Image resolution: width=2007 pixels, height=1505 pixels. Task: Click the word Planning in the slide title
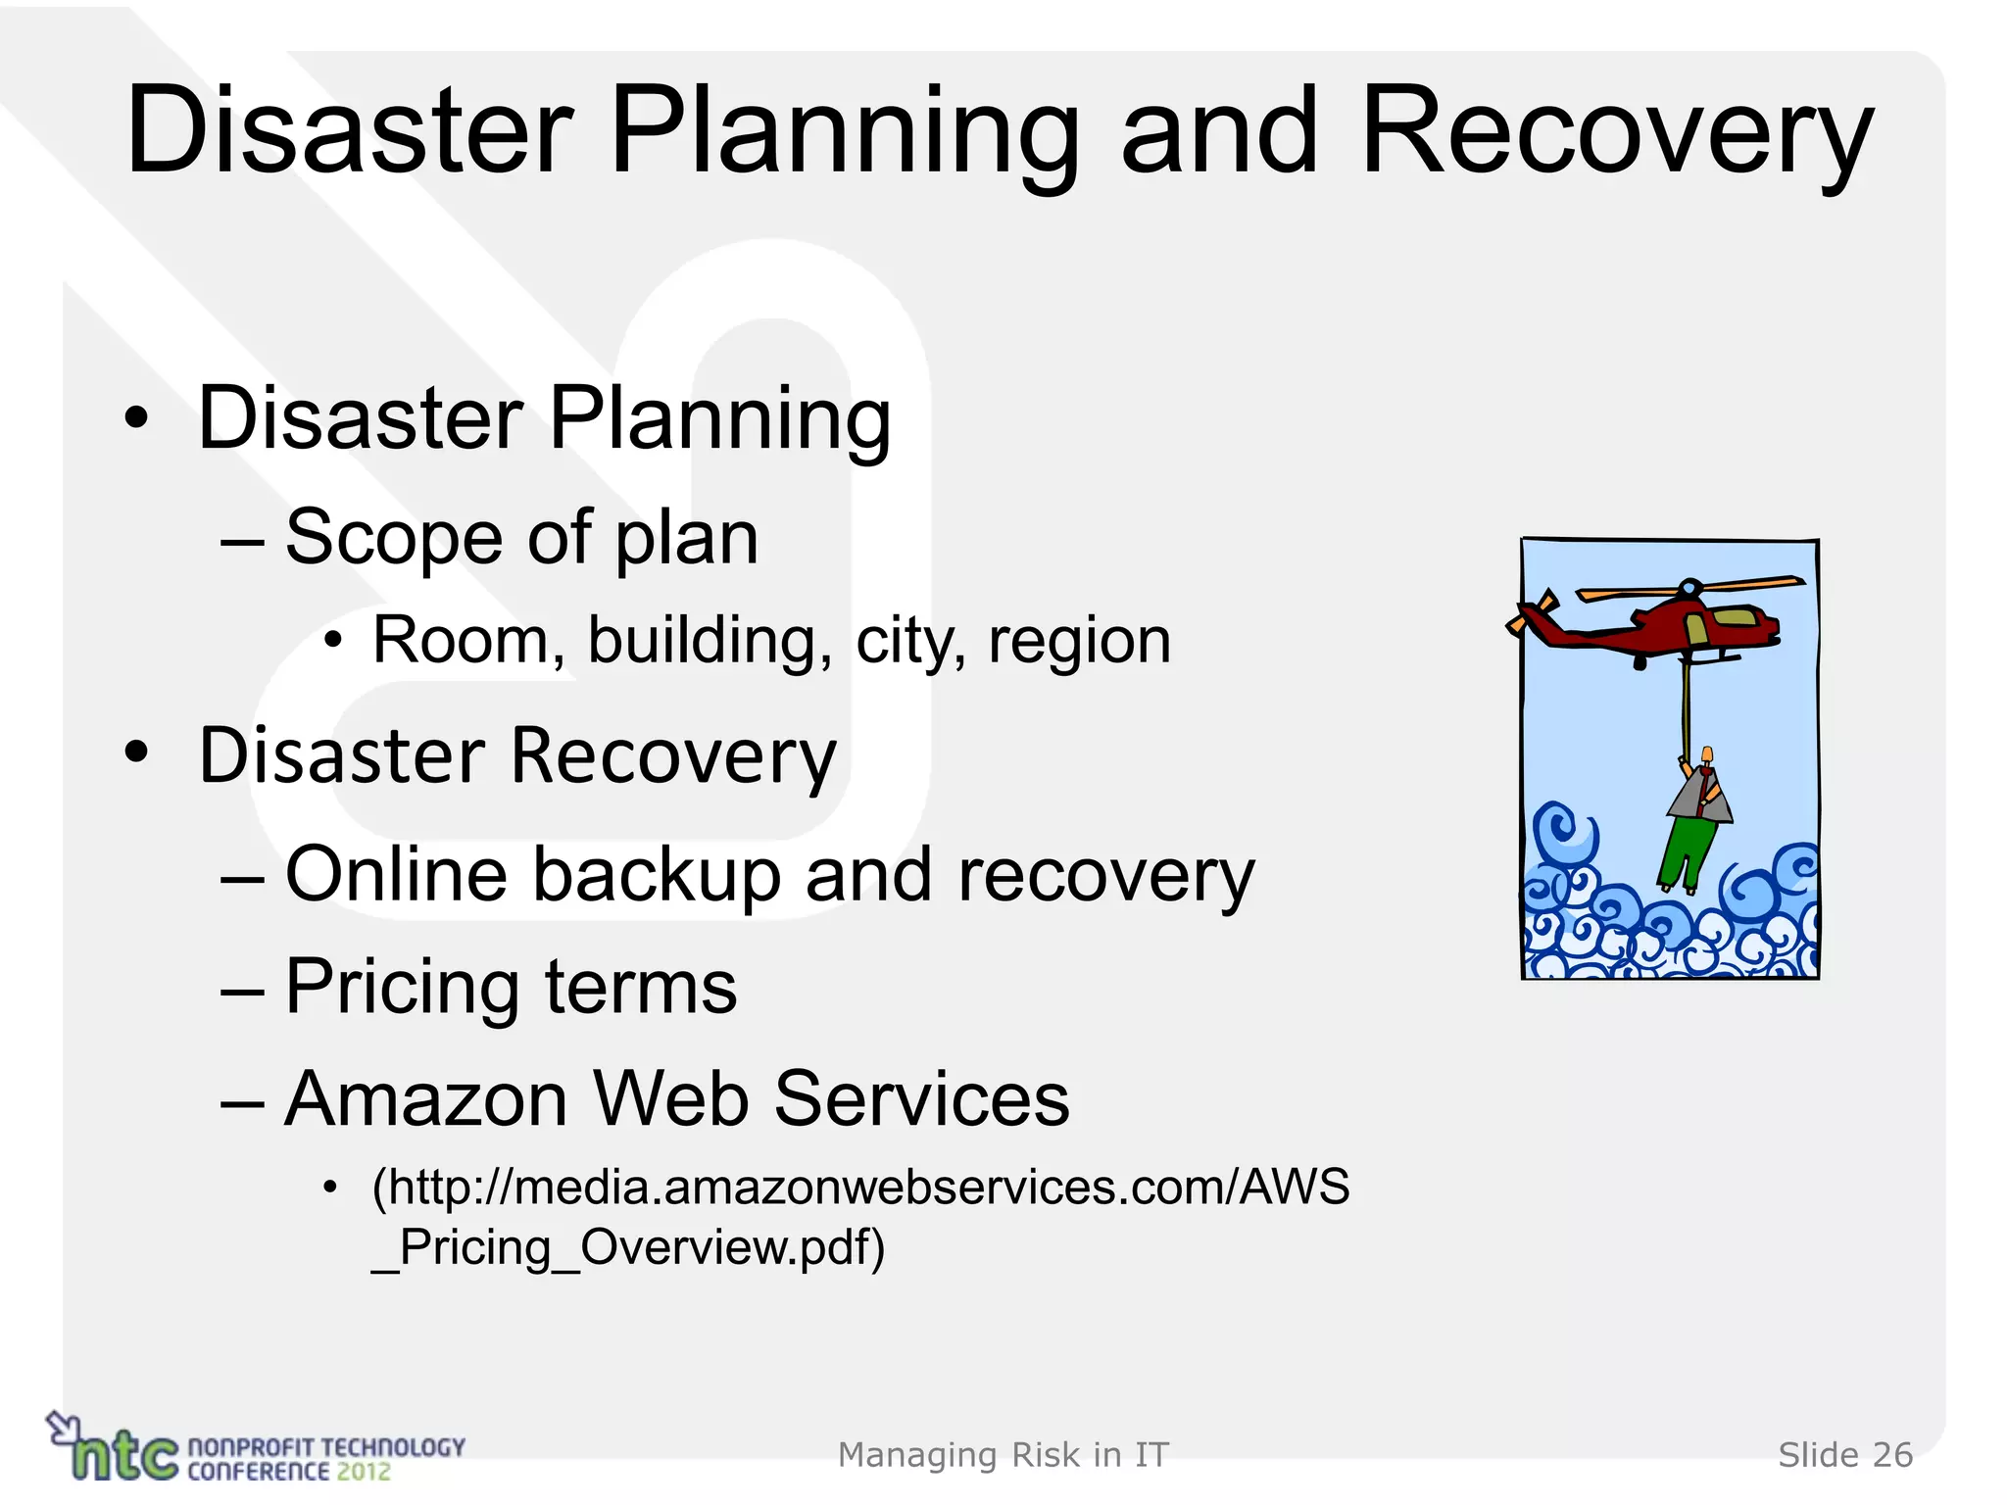(844, 132)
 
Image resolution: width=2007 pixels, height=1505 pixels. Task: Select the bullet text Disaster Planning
(544, 419)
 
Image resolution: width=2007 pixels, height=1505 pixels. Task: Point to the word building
(710, 641)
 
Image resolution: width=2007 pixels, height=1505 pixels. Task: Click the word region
(1079, 643)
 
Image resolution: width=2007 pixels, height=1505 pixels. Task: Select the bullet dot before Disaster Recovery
(137, 753)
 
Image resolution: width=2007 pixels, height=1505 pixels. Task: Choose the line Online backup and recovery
(769, 874)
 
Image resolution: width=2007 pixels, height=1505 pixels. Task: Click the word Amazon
(425, 1099)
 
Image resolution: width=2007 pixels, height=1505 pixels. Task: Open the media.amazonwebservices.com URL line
(860, 1188)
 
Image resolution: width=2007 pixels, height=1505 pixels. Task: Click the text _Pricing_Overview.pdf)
(628, 1248)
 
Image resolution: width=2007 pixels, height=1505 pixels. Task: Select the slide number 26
(1891, 1455)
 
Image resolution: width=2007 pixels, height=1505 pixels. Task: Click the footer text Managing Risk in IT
(1003, 1455)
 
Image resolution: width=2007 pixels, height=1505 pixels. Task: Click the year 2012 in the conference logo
(364, 1472)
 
